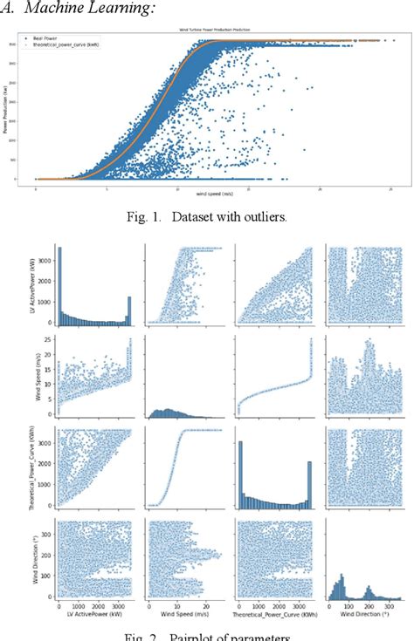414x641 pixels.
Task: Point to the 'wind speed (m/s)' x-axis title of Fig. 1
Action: click(213, 193)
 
